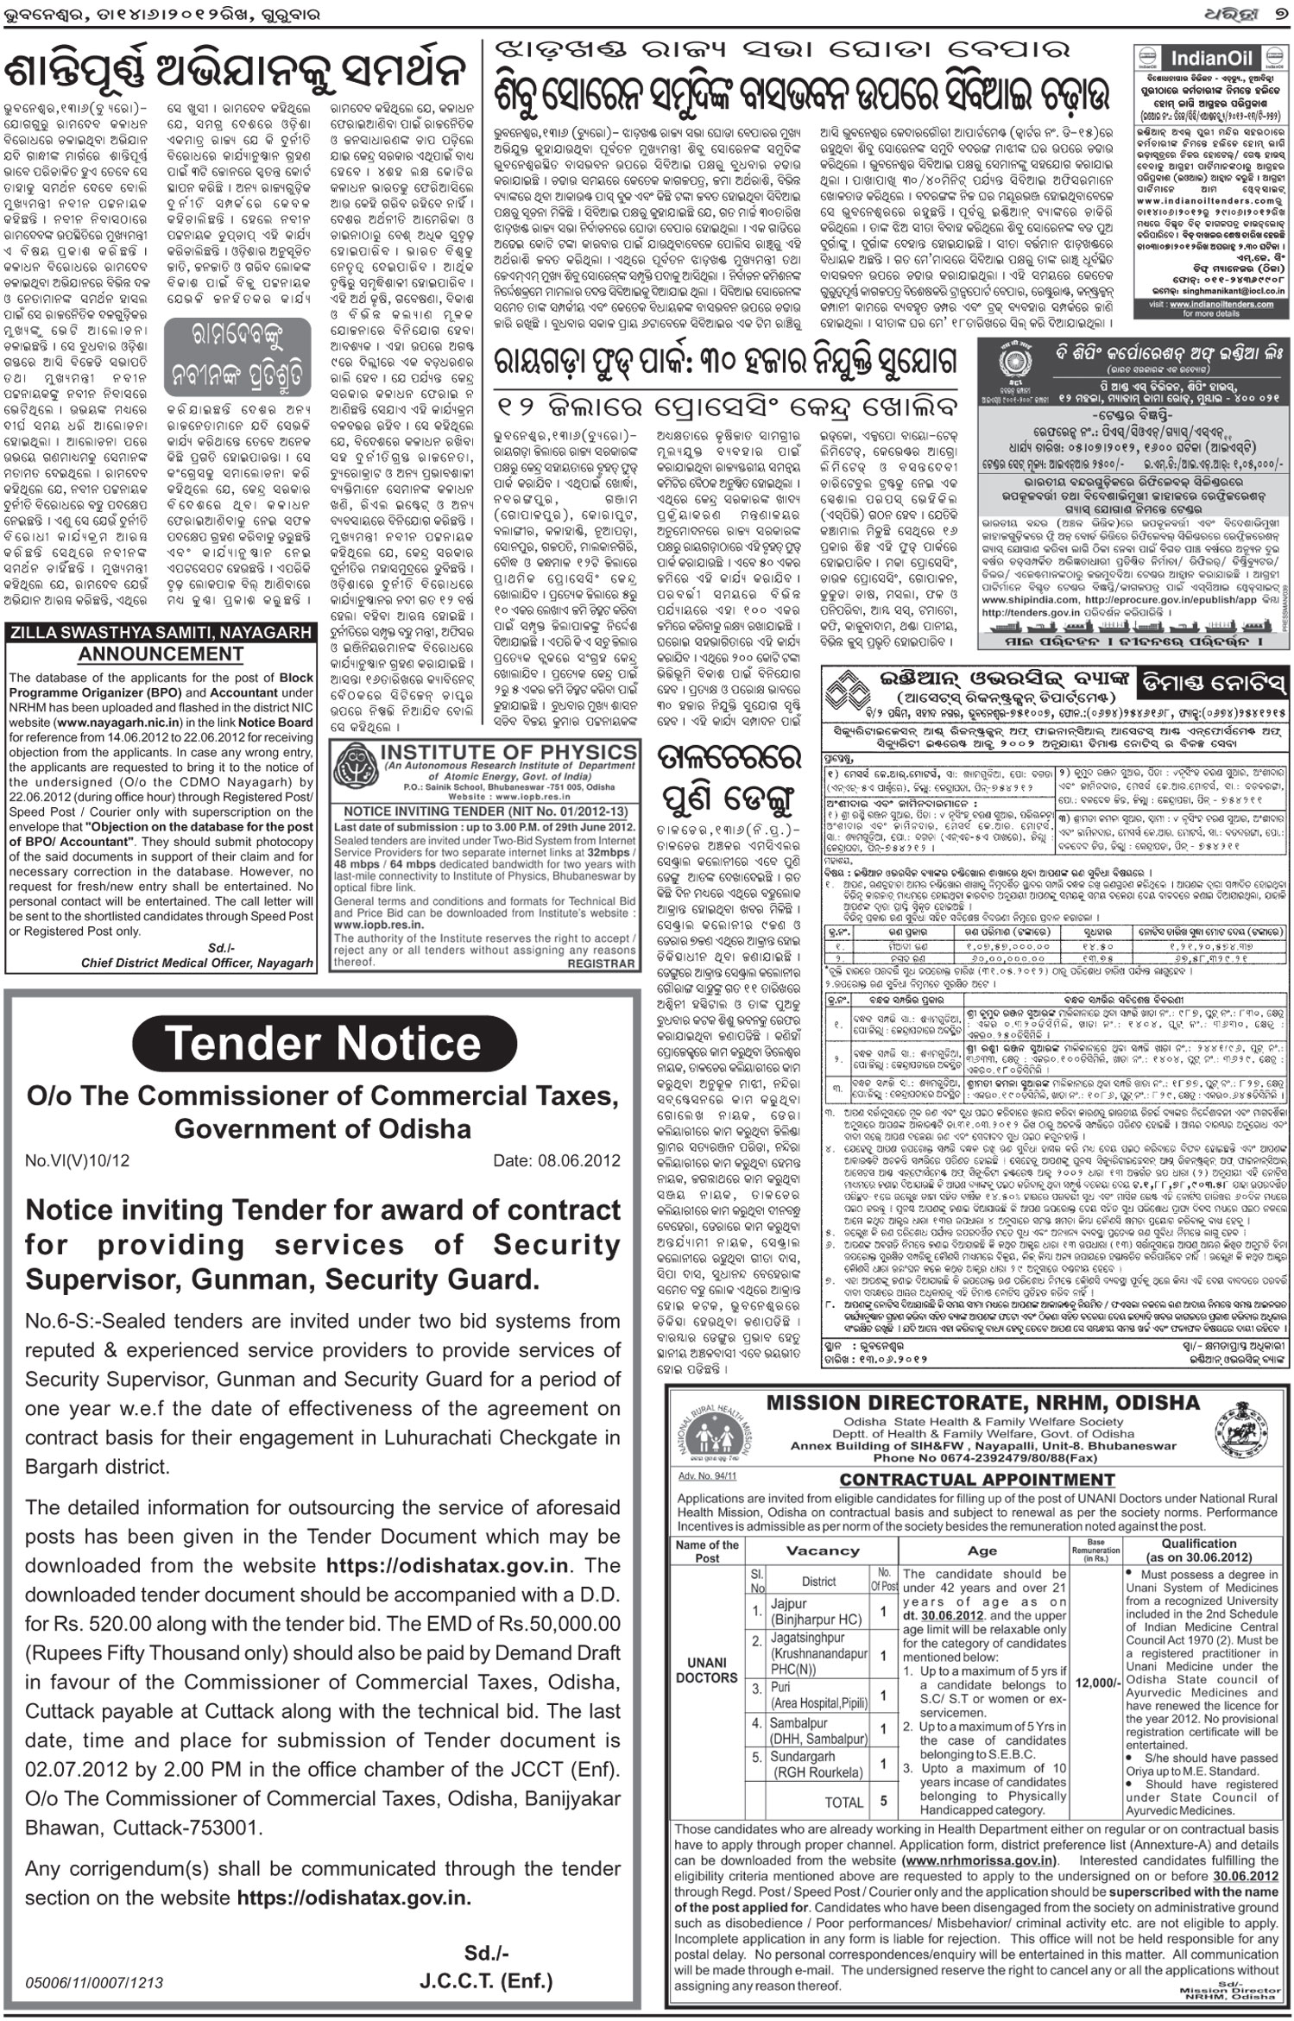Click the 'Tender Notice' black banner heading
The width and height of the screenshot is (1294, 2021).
point(322,1043)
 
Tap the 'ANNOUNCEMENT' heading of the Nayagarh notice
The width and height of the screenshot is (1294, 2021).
point(161,654)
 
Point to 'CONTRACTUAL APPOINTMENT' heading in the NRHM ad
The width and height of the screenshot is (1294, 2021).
point(977,1480)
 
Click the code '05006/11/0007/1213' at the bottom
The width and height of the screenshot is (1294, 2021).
point(94,1959)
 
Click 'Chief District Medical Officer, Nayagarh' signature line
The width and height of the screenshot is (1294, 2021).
point(197,963)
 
